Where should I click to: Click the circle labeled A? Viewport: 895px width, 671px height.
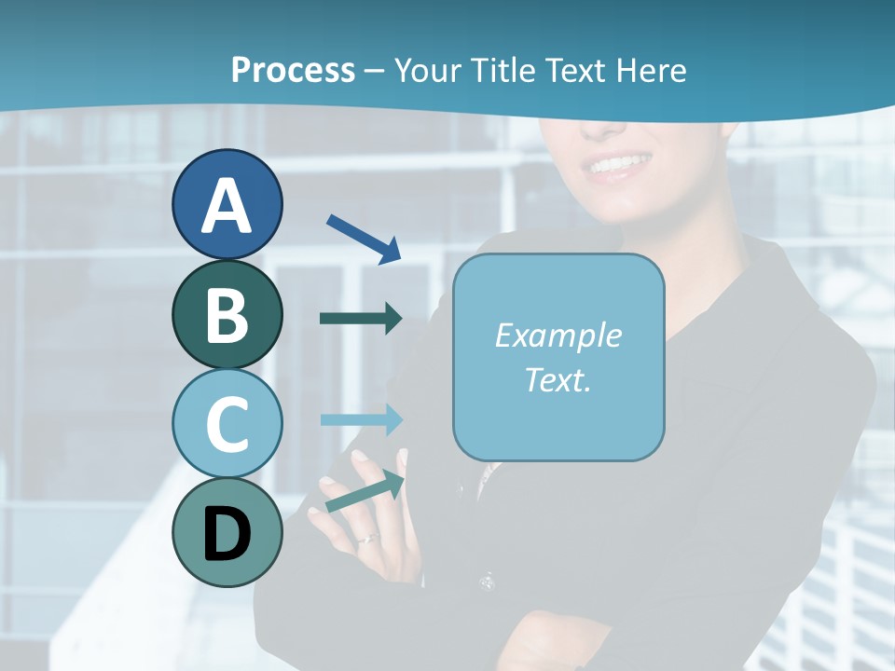pos(227,204)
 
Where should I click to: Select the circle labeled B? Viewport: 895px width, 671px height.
pos(227,314)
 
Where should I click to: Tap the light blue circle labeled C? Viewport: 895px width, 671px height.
pos(227,423)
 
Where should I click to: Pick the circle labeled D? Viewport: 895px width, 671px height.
pos(227,532)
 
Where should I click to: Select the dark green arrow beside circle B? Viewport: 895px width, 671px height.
pos(361,318)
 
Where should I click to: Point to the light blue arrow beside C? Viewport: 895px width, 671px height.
pos(361,419)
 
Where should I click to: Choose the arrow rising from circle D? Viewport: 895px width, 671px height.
pos(365,492)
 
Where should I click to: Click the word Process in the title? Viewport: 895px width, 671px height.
pos(293,70)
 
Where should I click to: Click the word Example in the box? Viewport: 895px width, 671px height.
pos(558,335)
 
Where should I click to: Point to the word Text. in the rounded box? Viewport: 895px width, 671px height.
pos(558,379)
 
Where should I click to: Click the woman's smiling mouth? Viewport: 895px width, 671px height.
pos(618,167)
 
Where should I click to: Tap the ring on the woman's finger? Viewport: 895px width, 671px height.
pos(368,539)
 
